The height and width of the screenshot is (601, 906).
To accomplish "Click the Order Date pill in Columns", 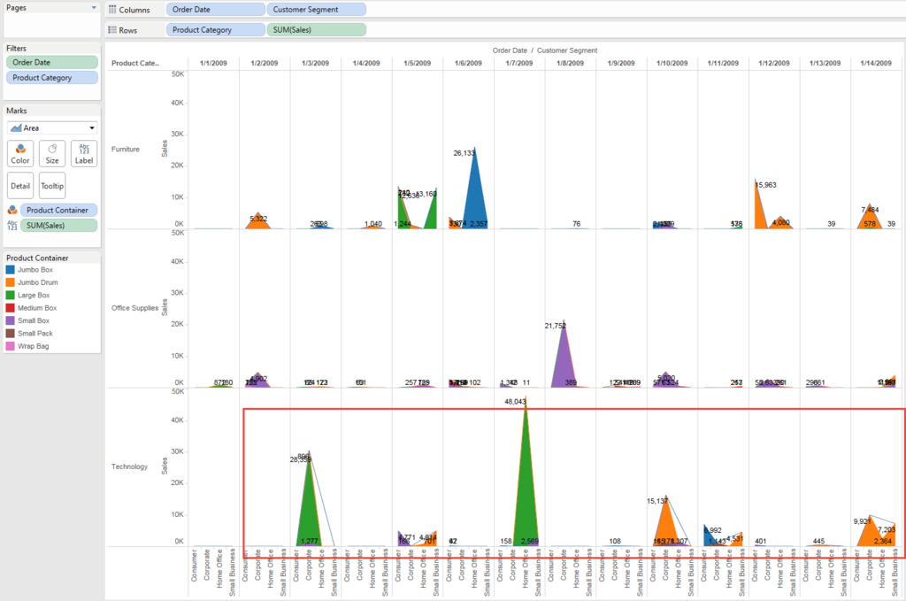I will tap(216, 10).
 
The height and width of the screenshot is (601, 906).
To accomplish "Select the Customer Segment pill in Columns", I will tap(316, 10).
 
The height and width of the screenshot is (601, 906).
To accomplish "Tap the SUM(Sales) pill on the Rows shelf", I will tap(316, 29).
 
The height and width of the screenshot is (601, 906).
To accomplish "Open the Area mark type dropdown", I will tap(53, 127).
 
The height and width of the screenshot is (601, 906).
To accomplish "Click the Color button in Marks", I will tap(21, 153).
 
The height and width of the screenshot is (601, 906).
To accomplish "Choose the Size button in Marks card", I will tap(52, 153).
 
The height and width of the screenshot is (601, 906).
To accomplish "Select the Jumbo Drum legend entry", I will tap(36, 282).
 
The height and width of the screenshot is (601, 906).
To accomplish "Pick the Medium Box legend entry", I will tap(37, 308).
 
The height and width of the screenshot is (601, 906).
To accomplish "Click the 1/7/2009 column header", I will tap(519, 63).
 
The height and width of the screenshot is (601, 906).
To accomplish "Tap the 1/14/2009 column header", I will tap(876, 63).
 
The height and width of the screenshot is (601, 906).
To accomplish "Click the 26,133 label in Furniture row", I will tap(470, 153).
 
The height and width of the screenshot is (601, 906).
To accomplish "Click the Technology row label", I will tap(130, 466).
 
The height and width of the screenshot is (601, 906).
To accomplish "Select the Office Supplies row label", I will tap(135, 308).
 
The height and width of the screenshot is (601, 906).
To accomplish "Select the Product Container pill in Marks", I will tap(58, 210).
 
